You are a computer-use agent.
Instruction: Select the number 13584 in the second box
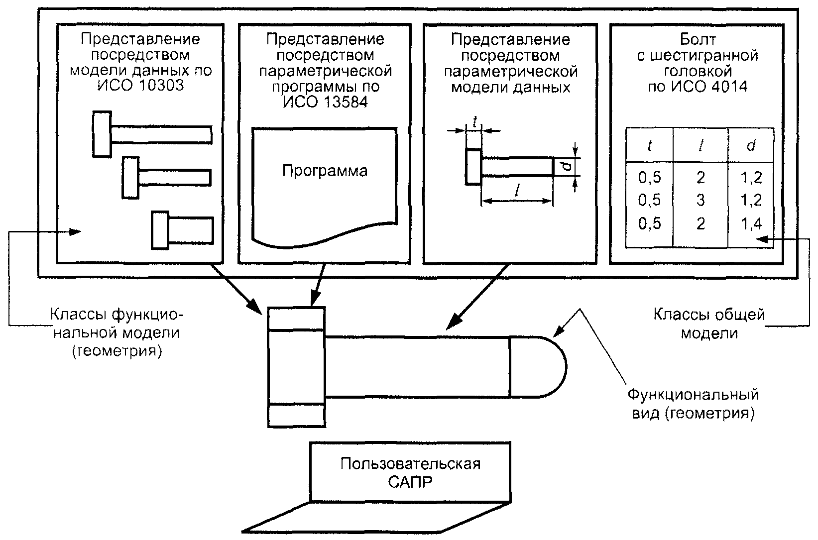point(343,102)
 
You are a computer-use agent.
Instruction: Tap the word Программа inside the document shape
point(325,171)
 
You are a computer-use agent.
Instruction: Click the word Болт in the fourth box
point(698,39)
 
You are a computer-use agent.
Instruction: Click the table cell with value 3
point(701,201)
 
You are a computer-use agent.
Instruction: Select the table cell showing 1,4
point(751,223)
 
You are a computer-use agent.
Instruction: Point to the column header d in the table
point(751,146)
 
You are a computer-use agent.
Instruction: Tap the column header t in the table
point(649,146)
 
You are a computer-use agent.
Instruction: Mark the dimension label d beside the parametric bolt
point(566,167)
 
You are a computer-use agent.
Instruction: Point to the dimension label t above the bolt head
point(474,121)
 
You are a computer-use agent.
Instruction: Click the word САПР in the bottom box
point(410,482)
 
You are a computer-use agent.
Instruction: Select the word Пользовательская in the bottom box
point(410,464)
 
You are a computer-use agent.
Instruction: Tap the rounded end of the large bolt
point(538,367)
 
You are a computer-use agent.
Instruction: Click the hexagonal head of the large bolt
point(297,367)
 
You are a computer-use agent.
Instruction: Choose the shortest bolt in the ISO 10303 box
point(183,230)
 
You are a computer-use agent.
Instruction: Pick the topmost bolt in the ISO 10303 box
point(152,134)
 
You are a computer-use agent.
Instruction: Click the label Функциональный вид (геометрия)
point(693,404)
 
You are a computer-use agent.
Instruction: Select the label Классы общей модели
point(709,324)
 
